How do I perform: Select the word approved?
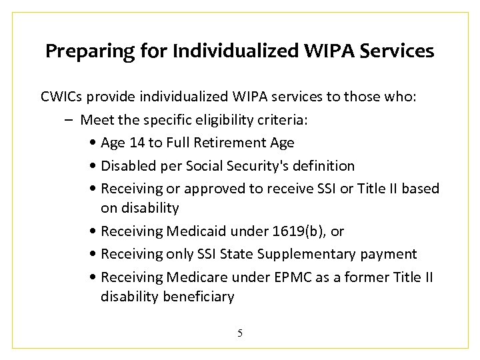pos(215,188)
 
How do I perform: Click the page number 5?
pos(240,333)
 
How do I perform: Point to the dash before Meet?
pos(70,121)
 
